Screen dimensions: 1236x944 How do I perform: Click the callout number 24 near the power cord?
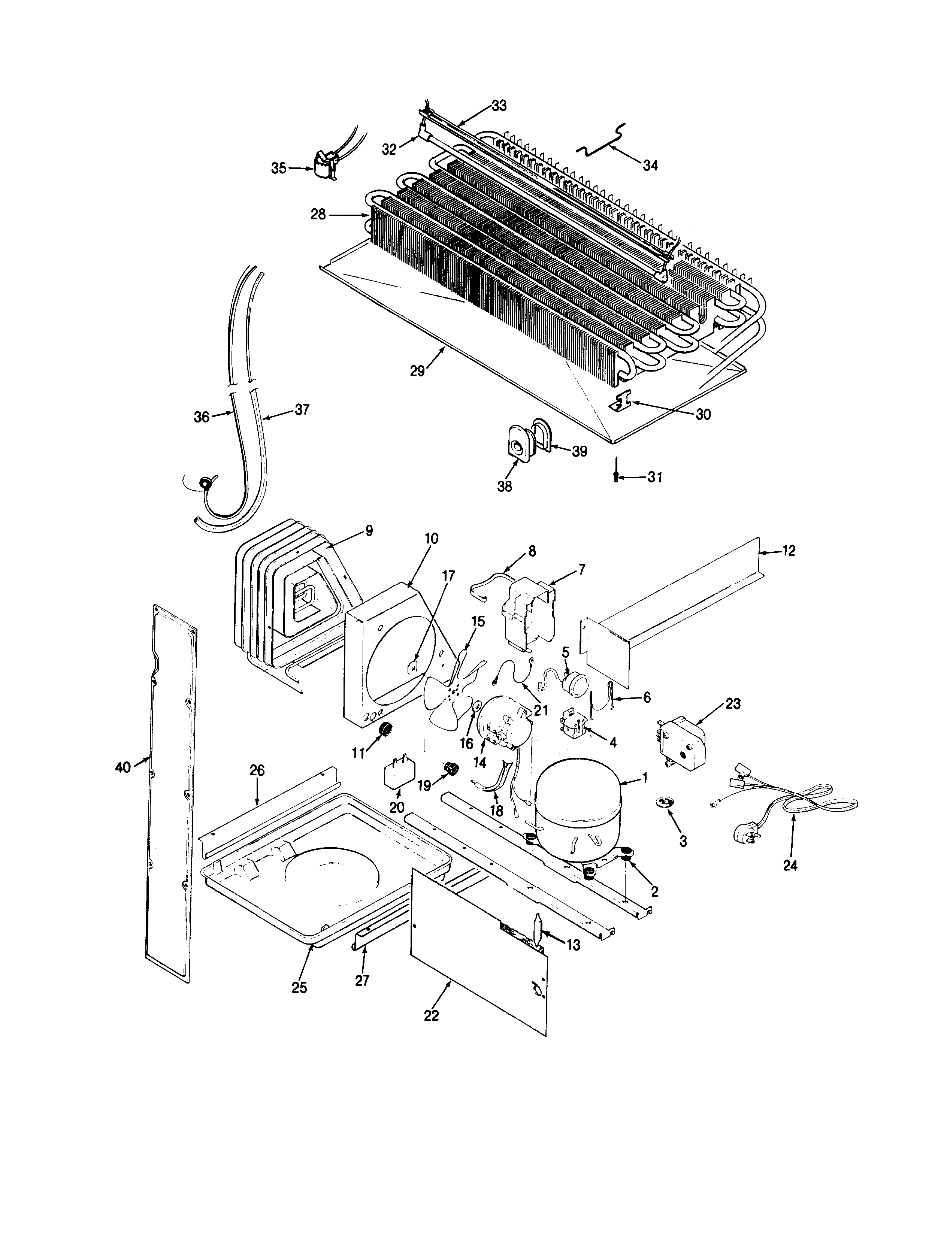pyautogui.click(x=790, y=866)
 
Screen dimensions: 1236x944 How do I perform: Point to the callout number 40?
pyautogui.click(x=123, y=767)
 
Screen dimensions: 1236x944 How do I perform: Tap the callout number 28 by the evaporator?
pyautogui.click(x=318, y=215)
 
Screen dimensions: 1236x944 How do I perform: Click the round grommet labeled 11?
pyautogui.click(x=385, y=730)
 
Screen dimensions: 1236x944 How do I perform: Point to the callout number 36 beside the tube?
pyautogui.click(x=201, y=416)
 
